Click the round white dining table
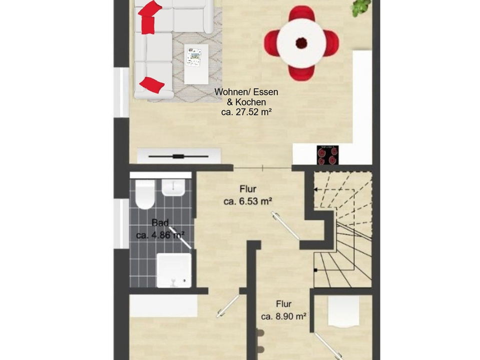click(x=302, y=43)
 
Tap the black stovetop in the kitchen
click(x=327, y=155)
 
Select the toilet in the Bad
click(x=145, y=194)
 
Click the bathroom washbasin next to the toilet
click(x=173, y=187)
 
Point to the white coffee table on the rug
click(x=196, y=64)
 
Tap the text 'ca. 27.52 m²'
click(x=246, y=112)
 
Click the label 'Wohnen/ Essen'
click(x=246, y=92)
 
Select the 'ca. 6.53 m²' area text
click(x=248, y=201)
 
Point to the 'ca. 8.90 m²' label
click(x=283, y=316)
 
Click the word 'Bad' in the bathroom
click(x=160, y=222)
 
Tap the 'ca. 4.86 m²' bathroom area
click(x=160, y=235)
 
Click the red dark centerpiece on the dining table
click(x=302, y=43)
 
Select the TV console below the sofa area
click(x=179, y=156)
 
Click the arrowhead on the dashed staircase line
click(x=316, y=189)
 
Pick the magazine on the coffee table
click(x=194, y=56)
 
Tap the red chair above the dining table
click(x=302, y=14)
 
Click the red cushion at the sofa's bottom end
click(x=152, y=84)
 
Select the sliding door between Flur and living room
click(x=263, y=168)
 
